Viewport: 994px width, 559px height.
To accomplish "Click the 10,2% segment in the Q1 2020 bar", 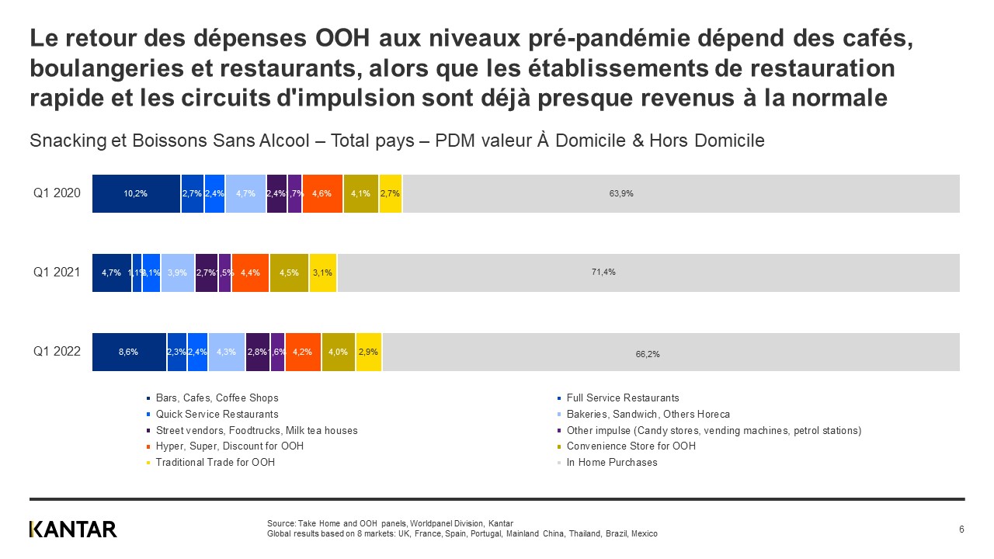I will click(x=136, y=193).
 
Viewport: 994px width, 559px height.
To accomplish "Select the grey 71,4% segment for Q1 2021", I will click(x=648, y=273).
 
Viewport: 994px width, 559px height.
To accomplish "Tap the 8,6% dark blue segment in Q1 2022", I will click(x=129, y=352).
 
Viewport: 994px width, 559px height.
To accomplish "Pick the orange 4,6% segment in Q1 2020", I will click(x=322, y=193).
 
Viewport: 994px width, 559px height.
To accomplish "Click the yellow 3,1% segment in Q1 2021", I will click(x=322, y=273).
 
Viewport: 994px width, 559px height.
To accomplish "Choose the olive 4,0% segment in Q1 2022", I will click(x=339, y=352).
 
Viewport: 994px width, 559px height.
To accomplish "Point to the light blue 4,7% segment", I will click(x=245, y=193).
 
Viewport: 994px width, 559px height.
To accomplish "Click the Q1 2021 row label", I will click(x=57, y=273).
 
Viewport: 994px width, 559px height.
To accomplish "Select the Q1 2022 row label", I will click(x=57, y=352).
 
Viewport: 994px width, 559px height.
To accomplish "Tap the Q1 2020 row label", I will click(x=57, y=193).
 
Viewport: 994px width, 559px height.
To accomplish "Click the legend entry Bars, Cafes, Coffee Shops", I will click(x=217, y=398).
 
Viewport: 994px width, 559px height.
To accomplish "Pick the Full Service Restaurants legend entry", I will click(x=622, y=398).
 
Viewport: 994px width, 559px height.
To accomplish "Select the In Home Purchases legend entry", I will click(x=611, y=463).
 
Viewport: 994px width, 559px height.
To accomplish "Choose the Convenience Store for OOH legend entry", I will click(x=631, y=446).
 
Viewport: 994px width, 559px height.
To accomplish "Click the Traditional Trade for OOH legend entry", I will click(x=215, y=463).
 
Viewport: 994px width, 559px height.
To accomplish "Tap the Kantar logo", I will click(x=73, y=529).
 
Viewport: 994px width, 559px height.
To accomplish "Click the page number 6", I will click(x=961, y=529).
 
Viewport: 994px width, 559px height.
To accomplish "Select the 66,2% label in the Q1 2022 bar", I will click(x=648, y=354).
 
